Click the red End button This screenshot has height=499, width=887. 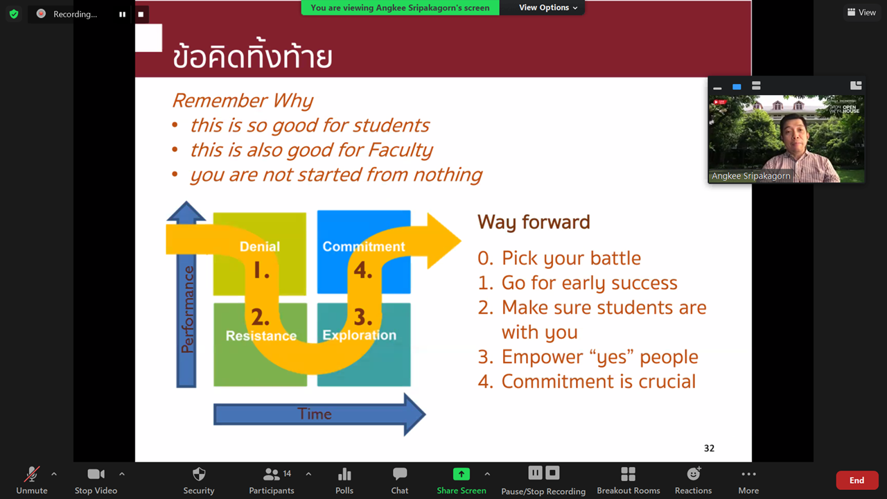coord(857,480)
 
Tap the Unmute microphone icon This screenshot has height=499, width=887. coord(32,474)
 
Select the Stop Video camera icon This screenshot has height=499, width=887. coord(96,474)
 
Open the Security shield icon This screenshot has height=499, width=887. coord(199,474)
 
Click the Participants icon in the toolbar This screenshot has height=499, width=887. coord(271,474)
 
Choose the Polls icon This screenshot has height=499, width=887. coord(344,474)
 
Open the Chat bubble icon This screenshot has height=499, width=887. coord(400,473)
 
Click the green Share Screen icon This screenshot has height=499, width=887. coord(462,474)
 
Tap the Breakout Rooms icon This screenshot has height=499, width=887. coord(628,474)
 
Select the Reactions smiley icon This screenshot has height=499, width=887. coord(694,473)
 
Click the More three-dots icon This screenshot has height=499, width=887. coord(748,474)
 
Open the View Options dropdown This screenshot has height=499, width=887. coord(548,8)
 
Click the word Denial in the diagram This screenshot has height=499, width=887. coord(260,246)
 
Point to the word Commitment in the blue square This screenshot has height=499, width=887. coord(364,246)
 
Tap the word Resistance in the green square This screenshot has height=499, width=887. coord(261,336)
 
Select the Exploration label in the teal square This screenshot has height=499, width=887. coord(359,335)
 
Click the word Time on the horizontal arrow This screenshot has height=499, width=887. coord(315,414)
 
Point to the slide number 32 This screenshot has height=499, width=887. coord(709,448)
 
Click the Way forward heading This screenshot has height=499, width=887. coord(534,222)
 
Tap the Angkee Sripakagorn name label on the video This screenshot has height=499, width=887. coord(750,176)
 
